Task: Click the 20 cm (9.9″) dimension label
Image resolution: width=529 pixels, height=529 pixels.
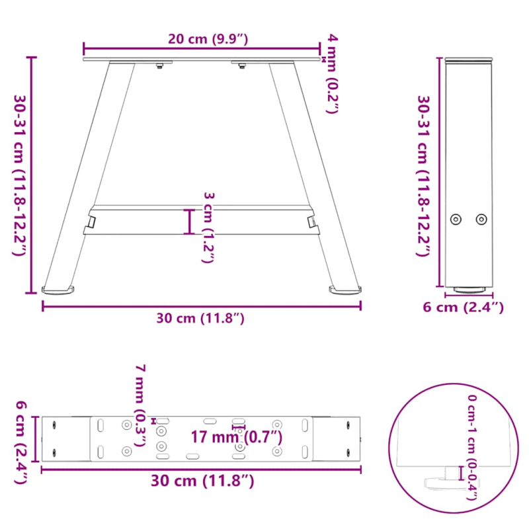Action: [x=208, y=39]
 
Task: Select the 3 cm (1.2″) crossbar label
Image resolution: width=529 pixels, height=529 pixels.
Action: [x=207, y=227]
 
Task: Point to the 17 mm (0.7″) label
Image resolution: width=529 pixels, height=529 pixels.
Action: [x=236, y=436]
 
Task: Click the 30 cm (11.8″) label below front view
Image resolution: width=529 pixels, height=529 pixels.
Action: [x=201, y=318]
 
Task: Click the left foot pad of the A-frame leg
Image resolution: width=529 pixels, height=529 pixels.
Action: [x=58, y=290]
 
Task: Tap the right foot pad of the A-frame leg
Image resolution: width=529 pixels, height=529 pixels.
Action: [x=346, y=290]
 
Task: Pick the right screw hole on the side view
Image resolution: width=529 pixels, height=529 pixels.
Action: [x=481, y=219]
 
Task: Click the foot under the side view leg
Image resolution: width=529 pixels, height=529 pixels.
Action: [x=469, y=289]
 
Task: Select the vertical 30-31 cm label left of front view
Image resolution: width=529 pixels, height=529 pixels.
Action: [x=20, y=175]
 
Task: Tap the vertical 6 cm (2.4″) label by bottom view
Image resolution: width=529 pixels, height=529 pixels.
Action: [x=20, y=442]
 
